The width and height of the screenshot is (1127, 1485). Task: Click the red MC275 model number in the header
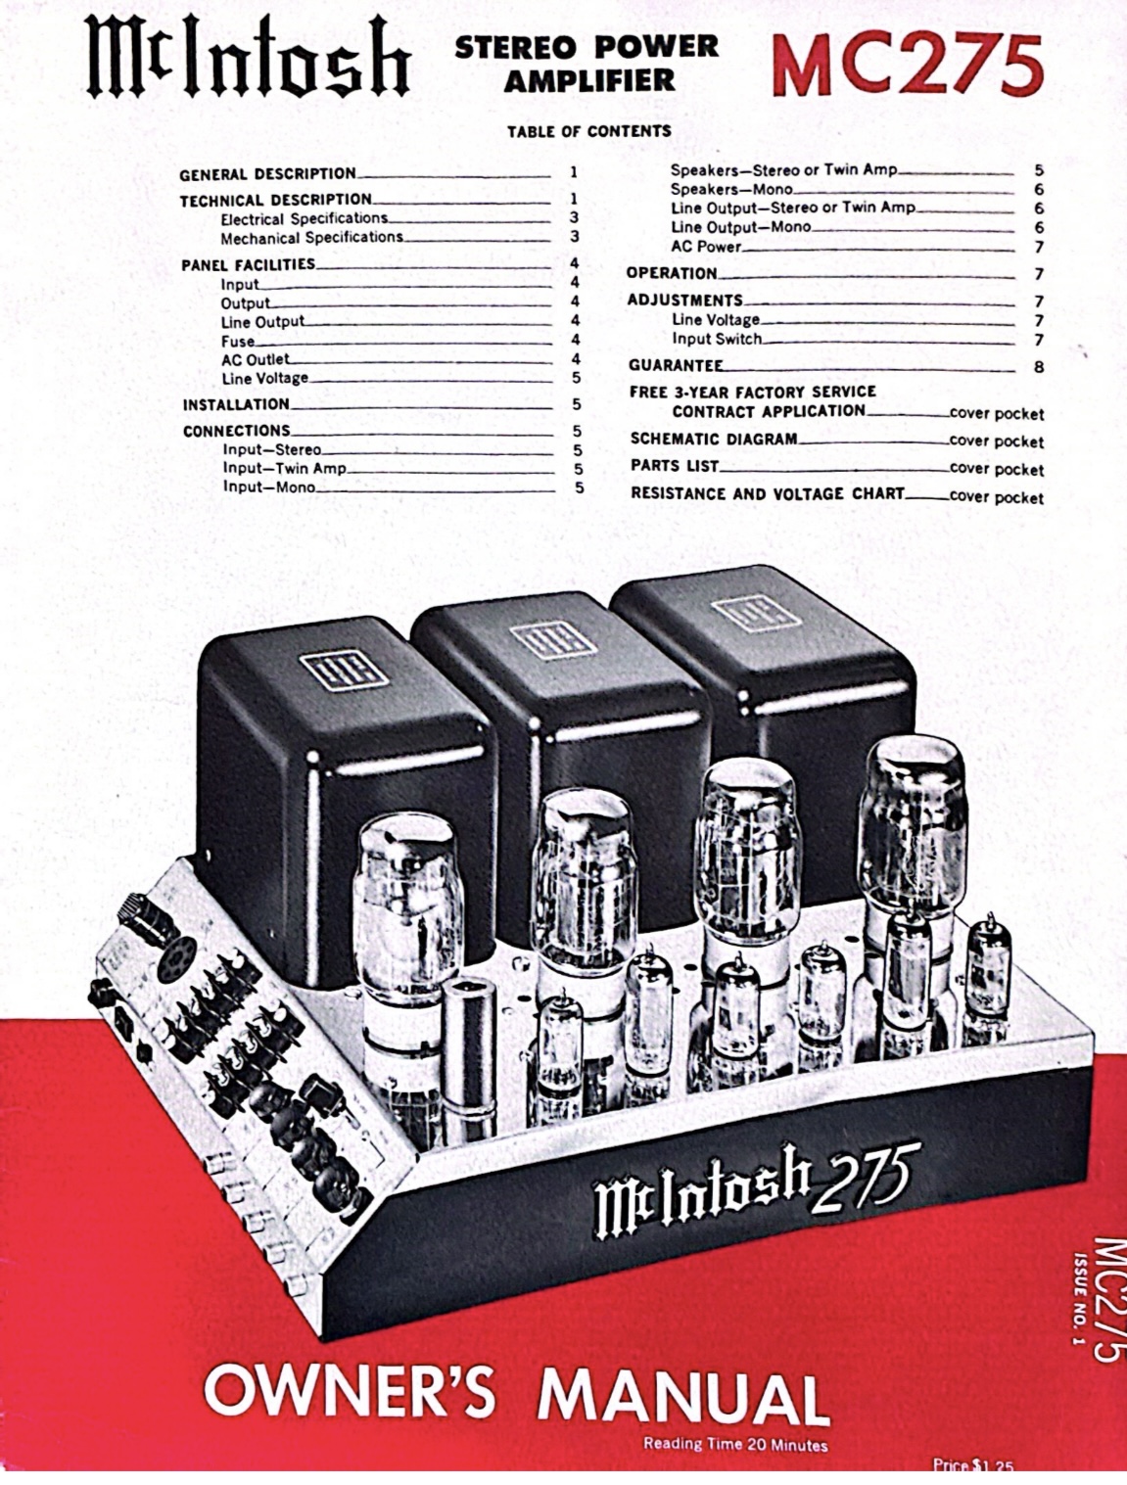pyautogui.click(x=906, y=64)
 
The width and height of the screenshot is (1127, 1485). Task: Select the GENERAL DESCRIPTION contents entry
pyautogui.click(x=267, y=174)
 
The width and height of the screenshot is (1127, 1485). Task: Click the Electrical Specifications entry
pyautogui.click(x=304, y=218)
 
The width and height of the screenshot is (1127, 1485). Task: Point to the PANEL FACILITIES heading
pyautogui.click(x=249, y=264)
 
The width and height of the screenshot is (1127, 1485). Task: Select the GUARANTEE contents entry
pyautogui.click(x=676, y=366)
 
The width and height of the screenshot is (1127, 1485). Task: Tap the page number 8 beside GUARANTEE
pyautogui.click(x=1039, y=368)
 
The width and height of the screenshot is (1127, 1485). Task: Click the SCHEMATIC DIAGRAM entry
pyautogui.click(x=714, y=440)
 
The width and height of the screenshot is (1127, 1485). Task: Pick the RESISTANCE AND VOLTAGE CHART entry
pyautogui.click(x=767, y=493)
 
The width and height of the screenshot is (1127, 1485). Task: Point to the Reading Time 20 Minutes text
pyautogui.click(x=734, y=1444)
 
